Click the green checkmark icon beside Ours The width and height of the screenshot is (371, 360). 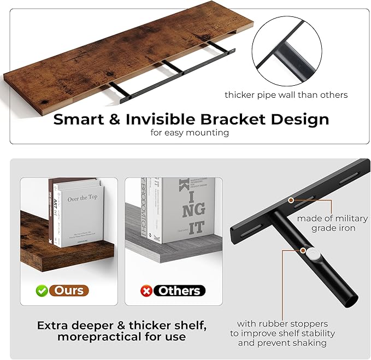click(x=42, y=291)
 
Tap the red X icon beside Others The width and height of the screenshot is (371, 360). click(x=146, y=291)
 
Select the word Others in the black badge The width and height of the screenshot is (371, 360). click(x=179, y=291)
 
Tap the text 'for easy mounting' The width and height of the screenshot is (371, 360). click(x=190, y=132)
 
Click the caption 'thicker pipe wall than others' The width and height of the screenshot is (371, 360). click(x=286, y=95)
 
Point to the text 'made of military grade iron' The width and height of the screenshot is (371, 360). click(x=333, y=223)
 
